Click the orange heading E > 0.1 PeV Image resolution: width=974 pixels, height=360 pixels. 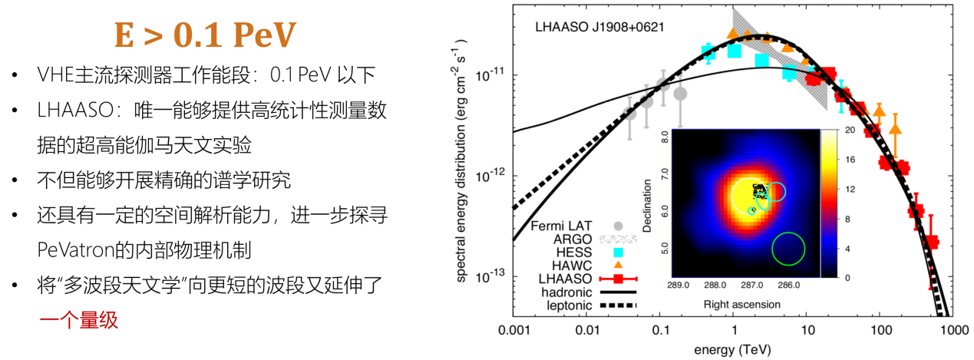click(x=205, y=35)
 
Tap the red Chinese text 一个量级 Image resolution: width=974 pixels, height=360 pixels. click(x=79, y=320)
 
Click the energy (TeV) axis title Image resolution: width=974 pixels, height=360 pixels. click(x=731, y=349)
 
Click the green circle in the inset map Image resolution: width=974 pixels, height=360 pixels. click(x=788, y=249)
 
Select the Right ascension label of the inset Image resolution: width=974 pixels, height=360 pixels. click(x=741, y=304)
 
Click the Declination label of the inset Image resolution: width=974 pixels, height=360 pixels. click(x=649, y=205)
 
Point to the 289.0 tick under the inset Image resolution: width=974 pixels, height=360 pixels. click(x=677, y=286)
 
